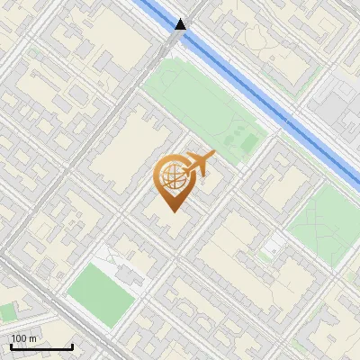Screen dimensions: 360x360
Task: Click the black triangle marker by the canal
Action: click(182, 24)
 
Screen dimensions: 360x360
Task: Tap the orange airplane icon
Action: click(200, 164)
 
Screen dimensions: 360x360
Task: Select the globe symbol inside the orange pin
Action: click(171, 176)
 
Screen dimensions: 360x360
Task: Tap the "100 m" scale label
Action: click(22, 338)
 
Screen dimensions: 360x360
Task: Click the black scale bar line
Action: click(40, 346)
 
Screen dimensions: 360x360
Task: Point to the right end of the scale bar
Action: click(72, 346)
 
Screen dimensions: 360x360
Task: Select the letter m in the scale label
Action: click(32, 338)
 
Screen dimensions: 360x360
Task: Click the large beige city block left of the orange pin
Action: click(126, 148)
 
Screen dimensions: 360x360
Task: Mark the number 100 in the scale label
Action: click(19, 338)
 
